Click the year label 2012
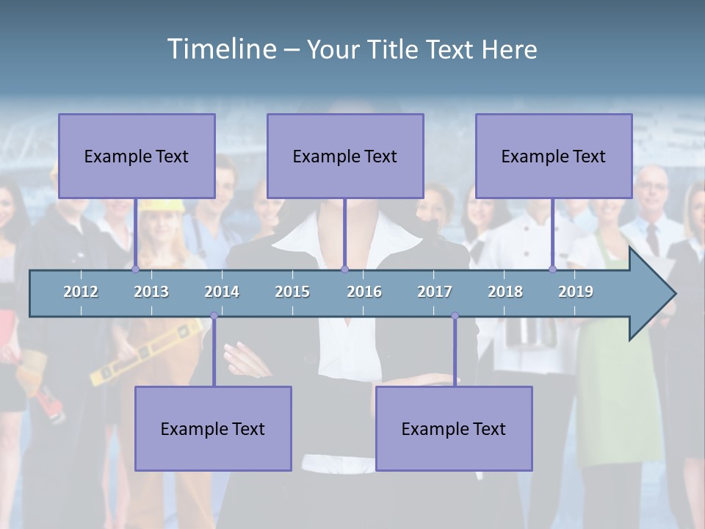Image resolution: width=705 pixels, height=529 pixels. click(x=81, y=292)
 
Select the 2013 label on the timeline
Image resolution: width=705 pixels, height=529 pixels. click(x=151, y=292)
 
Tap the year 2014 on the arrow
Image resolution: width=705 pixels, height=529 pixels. click(x=222, y=292)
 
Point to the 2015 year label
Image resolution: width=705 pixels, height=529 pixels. click(x=292, y=292)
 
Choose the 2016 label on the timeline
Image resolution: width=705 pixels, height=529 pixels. click(x=364, y=292)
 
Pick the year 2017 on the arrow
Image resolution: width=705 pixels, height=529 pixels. click(x=435, y=292)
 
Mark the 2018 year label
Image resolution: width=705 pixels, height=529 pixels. click(x=505, y=292)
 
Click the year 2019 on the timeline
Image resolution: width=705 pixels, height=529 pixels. click(x=576, y=292)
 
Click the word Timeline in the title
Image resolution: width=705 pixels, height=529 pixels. click(x=220, y=49)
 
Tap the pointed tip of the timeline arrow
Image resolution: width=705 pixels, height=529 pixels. click(x=673, y=294)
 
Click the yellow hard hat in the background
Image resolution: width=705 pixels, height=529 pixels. click(x=161, y=206)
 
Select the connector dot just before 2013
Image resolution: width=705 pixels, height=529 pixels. click(x=135, y=269)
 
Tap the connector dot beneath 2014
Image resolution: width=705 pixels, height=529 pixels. click(x=214, y=316)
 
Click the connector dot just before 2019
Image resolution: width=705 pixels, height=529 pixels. click(x=552, y=269)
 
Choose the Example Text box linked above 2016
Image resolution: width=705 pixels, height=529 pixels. click(x=345, y=156)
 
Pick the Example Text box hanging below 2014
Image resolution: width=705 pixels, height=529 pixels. click(x=213, y=428)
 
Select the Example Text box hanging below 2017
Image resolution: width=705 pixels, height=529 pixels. click(x=454, y=428)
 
